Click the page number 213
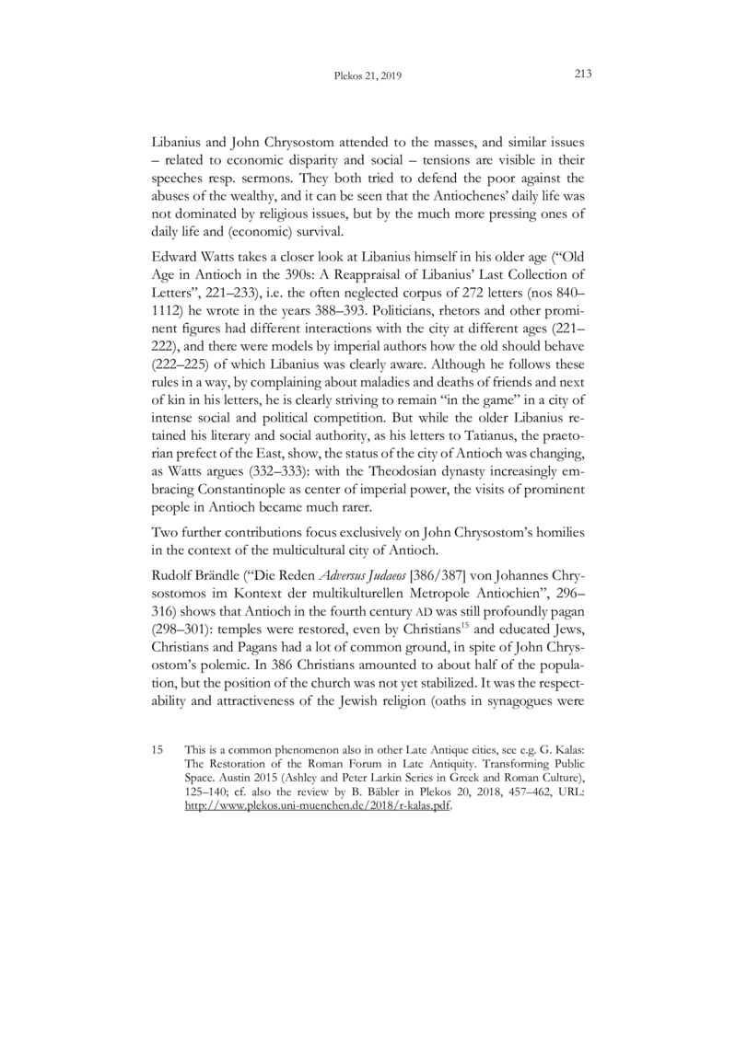click(x=580, y=75)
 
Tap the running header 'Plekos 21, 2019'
click(x=368, y=77)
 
